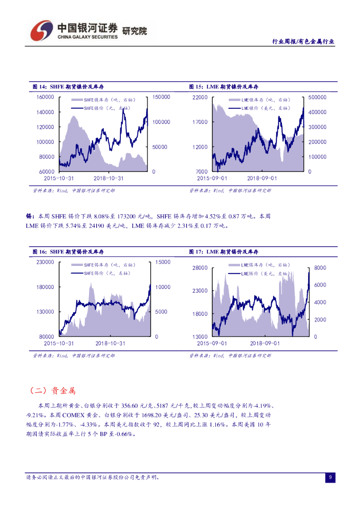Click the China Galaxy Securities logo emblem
pyautogui.click(x=41, y=31)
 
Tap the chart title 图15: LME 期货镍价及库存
pyautogui.click(x=224, y=87)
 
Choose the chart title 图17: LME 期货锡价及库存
pyautogui.click(x=224, y=252)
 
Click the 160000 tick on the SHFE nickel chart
pyautogui.click(x=45, y=97)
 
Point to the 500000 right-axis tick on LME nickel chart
pyautogui.click(x=317, y=97)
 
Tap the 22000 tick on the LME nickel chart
pyautogui.click(x=200, y=97)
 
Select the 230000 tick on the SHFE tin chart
pyautogui.click(x=45, y=262)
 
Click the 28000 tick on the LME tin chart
pyautogui.click(x=200, y=268)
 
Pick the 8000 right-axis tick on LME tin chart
pyautogui.click(x=320, y=268)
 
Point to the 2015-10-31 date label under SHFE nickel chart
pyautogui.click(x=59, y=178)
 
